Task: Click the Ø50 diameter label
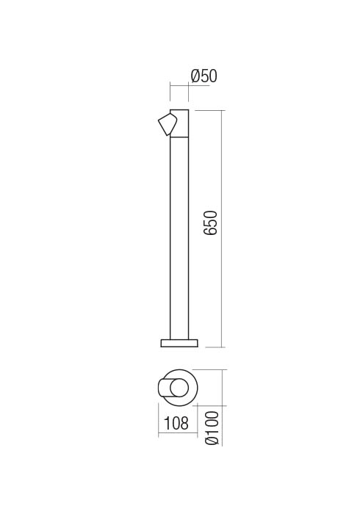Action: pos(204,76)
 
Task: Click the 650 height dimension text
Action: pos(210,223)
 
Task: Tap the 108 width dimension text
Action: pos(176,423)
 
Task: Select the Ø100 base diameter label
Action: pos(212,428)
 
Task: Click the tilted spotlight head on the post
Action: pos(168,124)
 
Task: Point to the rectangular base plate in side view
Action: pos(179,343)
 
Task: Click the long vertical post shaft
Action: pos(179,238)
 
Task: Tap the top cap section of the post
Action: pos(180,123)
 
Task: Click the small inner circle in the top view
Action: pos(179,388)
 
